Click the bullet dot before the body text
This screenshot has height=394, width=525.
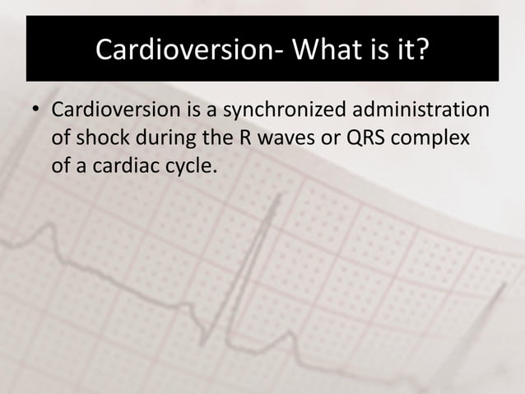click(x=36, y=110)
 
